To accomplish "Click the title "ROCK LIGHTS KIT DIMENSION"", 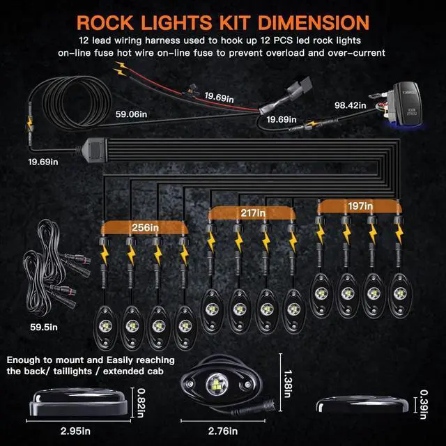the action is coord(223,22).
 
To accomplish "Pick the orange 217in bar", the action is coord(252,212).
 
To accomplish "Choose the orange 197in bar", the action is coord(361,206).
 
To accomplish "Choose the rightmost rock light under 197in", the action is coord(399,288).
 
